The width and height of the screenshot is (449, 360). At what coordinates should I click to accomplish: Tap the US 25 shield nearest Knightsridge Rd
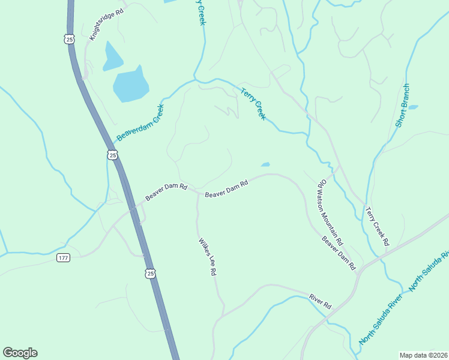[x=70, y=39]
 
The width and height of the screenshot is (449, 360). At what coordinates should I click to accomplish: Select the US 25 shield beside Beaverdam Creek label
[x=112, y=155]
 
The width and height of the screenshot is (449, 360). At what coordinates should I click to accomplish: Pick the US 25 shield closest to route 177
[x=150, y=274]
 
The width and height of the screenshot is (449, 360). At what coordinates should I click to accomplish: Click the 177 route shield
[x=63, y=257]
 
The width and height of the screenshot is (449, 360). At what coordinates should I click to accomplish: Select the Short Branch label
[x=402, y=106]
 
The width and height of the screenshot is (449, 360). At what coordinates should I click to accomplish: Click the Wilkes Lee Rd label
[x=207, y=257]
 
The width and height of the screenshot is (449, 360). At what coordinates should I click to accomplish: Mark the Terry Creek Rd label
[x=377, y=227]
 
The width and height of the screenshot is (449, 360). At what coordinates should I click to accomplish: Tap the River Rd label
[x=321, y=301]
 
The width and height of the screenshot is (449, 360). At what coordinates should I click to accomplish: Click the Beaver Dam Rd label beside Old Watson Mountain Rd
[x=339, y=252]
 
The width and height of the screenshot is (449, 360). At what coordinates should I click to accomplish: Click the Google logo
[x=20, y=353]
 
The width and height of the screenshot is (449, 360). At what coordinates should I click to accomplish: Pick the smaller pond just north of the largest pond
[x=112, y=56]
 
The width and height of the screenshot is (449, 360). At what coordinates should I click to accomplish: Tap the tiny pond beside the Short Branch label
[x=413, y=107]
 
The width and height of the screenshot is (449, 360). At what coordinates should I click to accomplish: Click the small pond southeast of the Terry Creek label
[x=265, y=164]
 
